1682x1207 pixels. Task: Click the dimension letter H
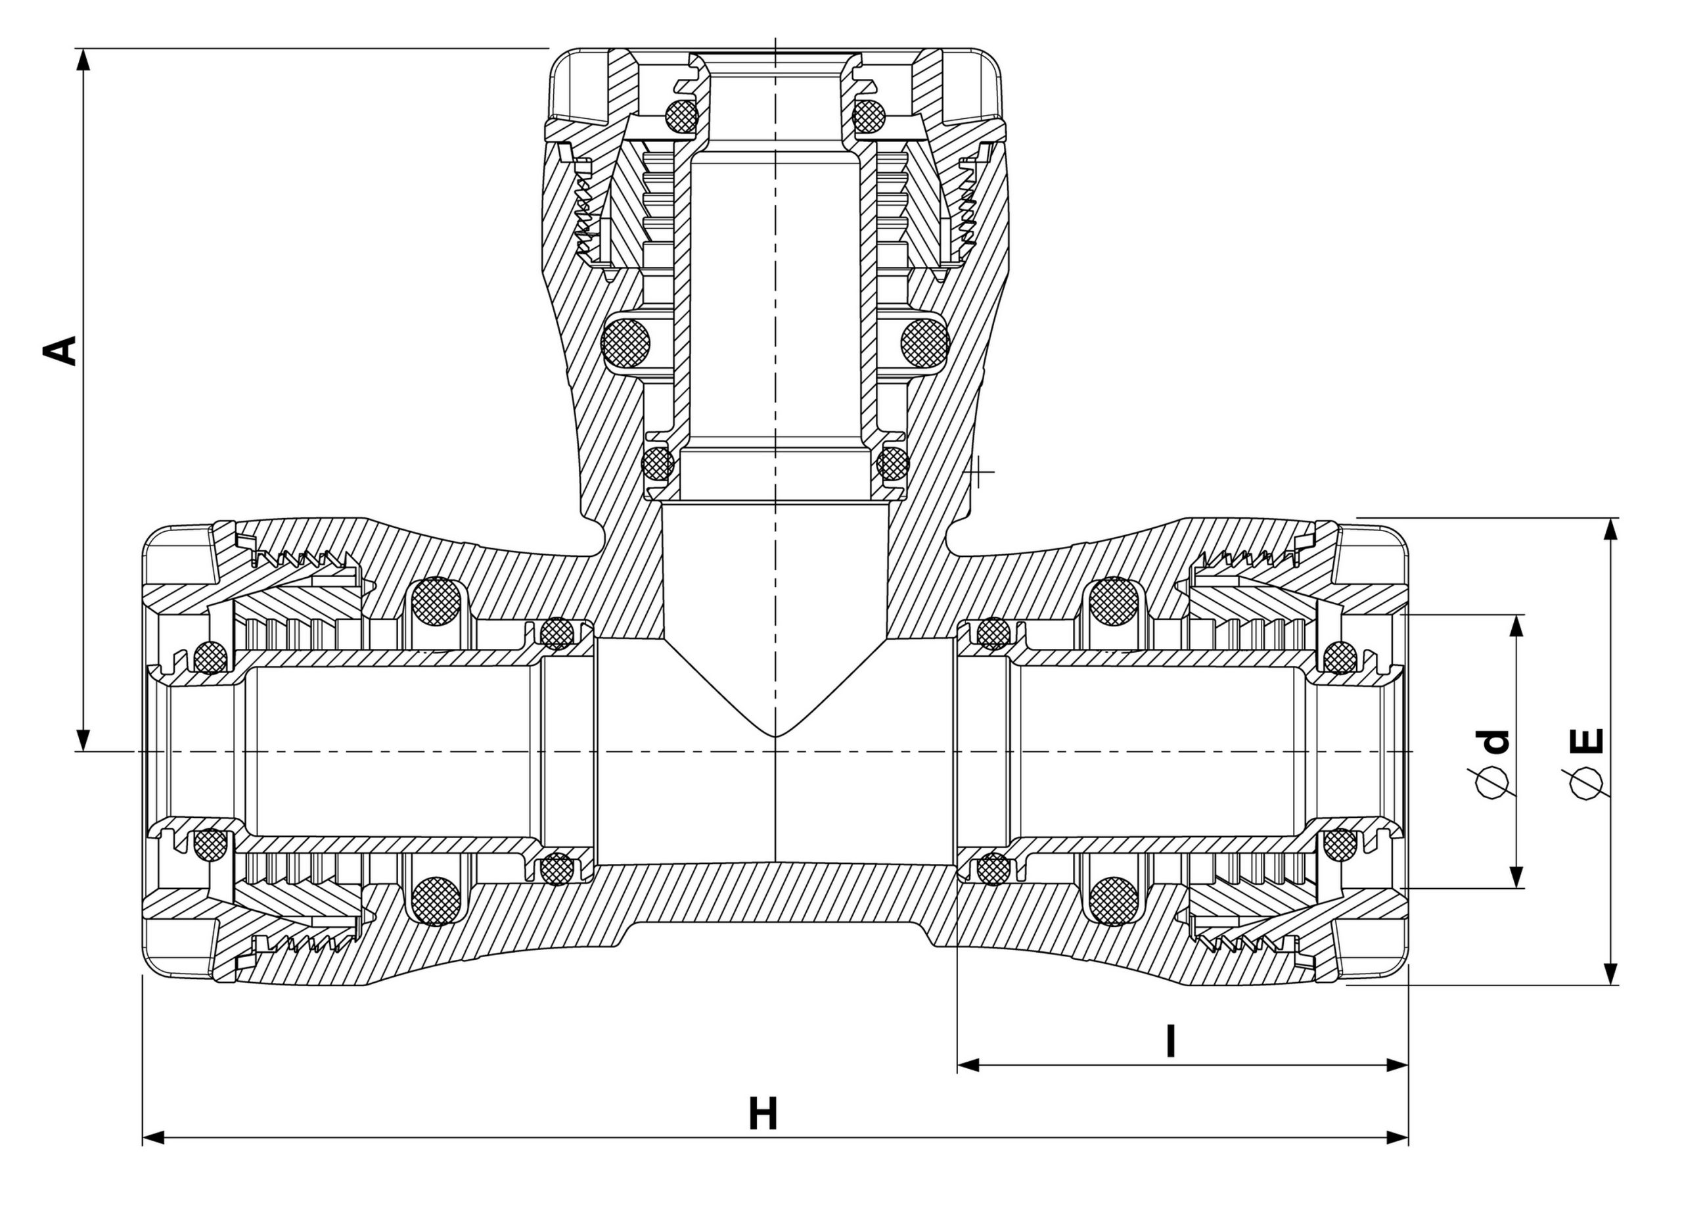click(x=762, y=1114)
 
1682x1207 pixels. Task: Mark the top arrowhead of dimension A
click(x=84, y=60)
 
